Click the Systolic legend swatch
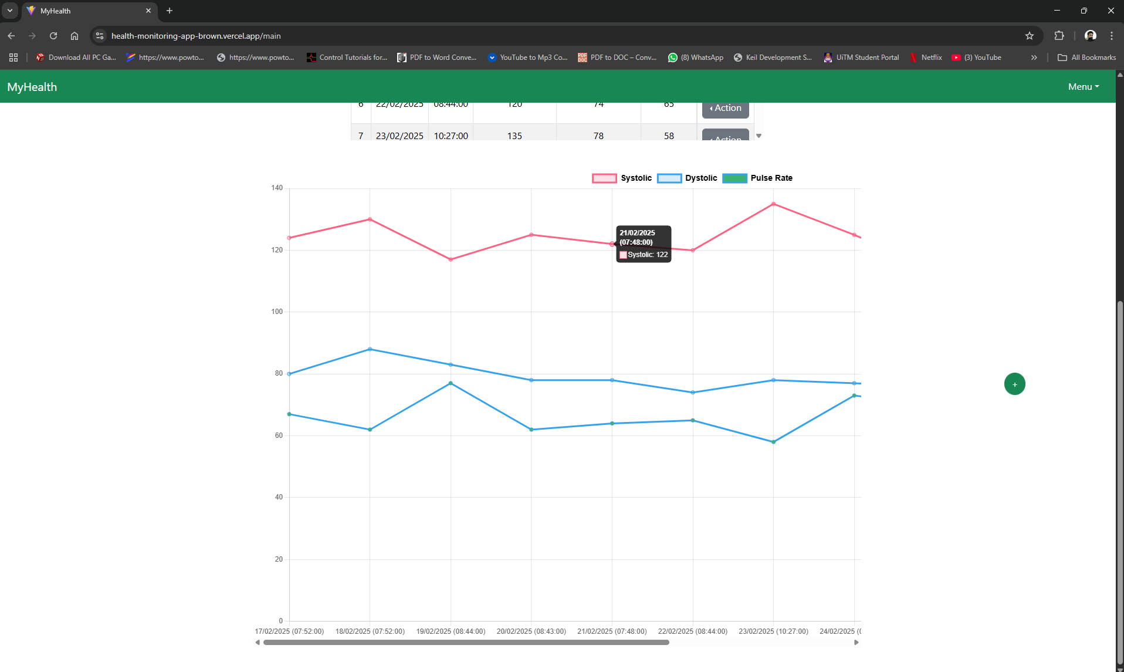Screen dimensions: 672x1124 tap(604, 178)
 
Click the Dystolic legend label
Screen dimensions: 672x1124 tap(701, 178)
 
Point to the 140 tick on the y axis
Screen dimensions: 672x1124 tap(277, 188)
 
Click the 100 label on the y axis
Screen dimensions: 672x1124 tap(277, 312)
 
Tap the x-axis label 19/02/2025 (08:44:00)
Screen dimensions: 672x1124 tap(451, 632)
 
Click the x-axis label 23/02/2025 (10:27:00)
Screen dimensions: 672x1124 tap(773, 632)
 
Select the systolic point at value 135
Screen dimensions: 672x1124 tap(773, 204)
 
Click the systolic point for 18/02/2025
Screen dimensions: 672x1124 tap(370, 220)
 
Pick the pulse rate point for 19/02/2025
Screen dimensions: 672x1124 tap(451, 383)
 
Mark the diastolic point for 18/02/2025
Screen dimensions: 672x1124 tap(370, 349)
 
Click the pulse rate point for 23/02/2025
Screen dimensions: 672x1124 tap(773, 442)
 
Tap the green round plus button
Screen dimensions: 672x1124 tap(1014, 384)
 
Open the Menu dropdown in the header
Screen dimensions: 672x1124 tap(1083, 87)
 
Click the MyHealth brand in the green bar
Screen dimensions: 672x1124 tap(32, 87)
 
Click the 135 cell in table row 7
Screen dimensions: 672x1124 tap(514, 136)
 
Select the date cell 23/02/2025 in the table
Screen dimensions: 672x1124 tap(400, 136)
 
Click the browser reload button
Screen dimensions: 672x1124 tap(53, 36)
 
